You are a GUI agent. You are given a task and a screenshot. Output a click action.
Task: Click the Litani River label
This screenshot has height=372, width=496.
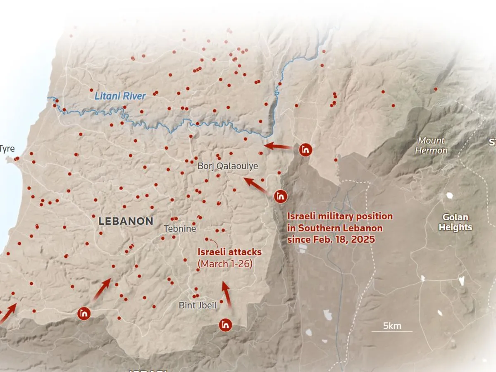pyautogui.click(x=120, y=96)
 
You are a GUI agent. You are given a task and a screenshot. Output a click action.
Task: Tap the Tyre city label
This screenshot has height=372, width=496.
pyautogui.click(x=7, y=149)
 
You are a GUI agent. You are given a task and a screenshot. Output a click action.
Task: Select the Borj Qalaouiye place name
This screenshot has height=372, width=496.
pyautogui.click(x=228, y=166)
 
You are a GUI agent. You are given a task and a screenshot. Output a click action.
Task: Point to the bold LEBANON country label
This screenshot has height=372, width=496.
pyautogui.click(x=126, y=221)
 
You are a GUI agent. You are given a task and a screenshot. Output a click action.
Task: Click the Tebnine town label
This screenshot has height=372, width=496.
pyautogui.click(x=180, y=229)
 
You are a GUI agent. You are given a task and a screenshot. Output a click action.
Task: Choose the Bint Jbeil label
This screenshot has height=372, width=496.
pyautogui.click(x=198, y=305)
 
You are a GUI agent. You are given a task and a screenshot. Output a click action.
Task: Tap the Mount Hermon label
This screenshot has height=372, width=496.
pyautogui.click(x=431, y=145)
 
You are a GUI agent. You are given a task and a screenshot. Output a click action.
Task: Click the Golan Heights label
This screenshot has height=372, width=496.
pyautogui.click(x=455, y=222)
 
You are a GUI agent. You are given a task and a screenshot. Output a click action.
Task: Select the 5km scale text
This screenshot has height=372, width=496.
pyautogui.click(x=392, y=326)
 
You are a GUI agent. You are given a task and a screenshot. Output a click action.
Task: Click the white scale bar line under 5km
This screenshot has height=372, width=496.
pyautogui.click(x=392, y=331)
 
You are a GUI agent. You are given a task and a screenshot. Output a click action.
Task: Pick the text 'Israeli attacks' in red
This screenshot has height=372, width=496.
pyautogui.click(x=229, y=252)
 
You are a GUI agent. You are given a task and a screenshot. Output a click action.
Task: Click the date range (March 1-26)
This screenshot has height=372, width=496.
pyautogui.click(x=225, y=263)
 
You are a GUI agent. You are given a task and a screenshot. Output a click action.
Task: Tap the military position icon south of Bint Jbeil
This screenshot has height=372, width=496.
pyautogui.click(x=225, y=325)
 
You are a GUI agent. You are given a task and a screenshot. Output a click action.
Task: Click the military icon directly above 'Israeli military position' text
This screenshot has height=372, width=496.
pyautogui.click(x=281, y=196)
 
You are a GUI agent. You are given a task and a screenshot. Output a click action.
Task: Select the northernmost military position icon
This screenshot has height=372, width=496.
pyautogui.click(x=306, y=150)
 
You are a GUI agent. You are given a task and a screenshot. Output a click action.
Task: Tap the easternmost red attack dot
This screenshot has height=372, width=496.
pyautogui.click(x=436, y=89)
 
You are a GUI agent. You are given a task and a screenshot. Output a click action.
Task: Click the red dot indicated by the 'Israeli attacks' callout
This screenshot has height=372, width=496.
pyautogui.click(x=207, y=239)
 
